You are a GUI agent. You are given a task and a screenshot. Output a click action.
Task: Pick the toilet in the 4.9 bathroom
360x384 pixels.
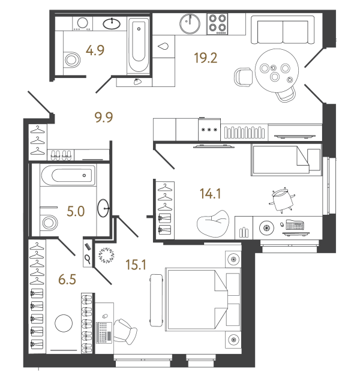pyautogui.click(x=73, y=60)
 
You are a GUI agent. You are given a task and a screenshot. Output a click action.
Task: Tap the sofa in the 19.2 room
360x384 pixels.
pyautogui.click(x=283, y=30)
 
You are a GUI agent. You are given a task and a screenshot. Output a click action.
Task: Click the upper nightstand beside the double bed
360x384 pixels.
pyautogui.click(x=232, y=259)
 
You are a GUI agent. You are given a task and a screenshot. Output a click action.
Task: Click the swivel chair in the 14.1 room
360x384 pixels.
pyautogui.click(x=280, y=199)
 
